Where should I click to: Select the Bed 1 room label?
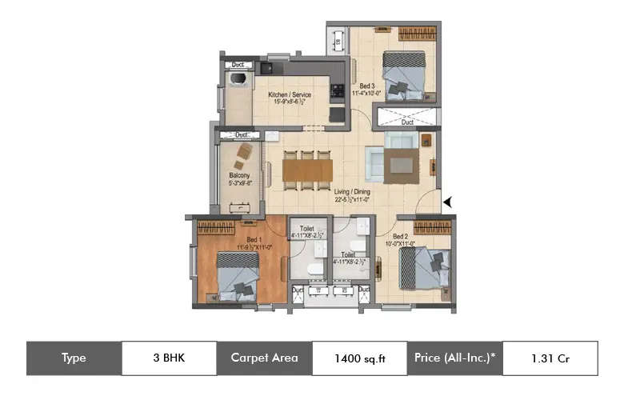[x=254, y=239]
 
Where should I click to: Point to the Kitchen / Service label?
[x=289, y=94]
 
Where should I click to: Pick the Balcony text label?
[x=239, y=175]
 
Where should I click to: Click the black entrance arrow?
[x=449, y=202]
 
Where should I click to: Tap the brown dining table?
[x=307, y=170]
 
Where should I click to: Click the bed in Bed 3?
[x=403, y=74]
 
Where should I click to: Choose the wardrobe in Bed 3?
[x=417, y=34]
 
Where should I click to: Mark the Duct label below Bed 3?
[x=407, y=122]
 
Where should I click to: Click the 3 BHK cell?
[x=169, y=358]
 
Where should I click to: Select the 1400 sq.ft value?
[x=359, y=358]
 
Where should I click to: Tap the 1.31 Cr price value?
[x=550, y=358]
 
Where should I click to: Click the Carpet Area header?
[x=264, y=358]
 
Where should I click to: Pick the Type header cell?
[x=74, y=358]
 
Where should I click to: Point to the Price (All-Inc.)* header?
[x=454, y=358]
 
